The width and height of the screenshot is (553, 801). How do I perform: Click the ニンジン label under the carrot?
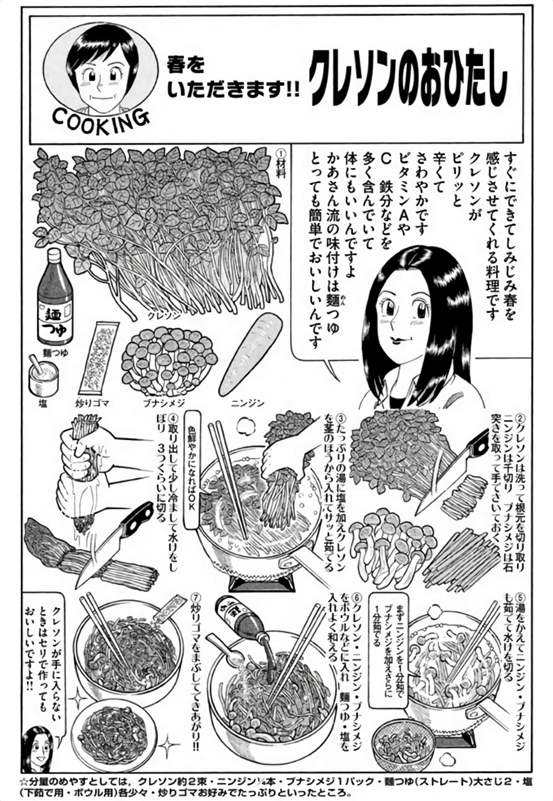point(247,403)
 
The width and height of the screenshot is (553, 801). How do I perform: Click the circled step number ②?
point(521,418)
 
